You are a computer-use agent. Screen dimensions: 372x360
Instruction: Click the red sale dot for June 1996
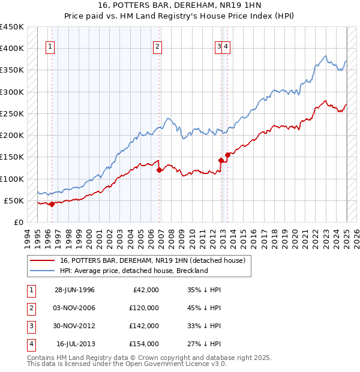point(52,204)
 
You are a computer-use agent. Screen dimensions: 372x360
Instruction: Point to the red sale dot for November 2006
point(159,170)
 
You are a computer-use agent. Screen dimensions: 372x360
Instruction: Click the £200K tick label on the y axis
point(11,136)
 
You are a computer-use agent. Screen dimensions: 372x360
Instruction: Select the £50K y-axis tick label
point(14,200)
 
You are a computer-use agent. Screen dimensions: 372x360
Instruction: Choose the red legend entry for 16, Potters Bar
point(153,261)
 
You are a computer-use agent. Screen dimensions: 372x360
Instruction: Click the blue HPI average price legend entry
point(133,271)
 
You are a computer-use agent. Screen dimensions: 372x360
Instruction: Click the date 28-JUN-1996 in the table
point(74,290)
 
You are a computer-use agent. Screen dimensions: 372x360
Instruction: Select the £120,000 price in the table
point(144,308)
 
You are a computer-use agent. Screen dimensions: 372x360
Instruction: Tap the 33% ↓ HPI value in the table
point(205,326)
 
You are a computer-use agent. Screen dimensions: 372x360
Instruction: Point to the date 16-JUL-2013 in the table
point(75,344)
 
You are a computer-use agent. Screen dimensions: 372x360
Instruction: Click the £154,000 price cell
point(144,344)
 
